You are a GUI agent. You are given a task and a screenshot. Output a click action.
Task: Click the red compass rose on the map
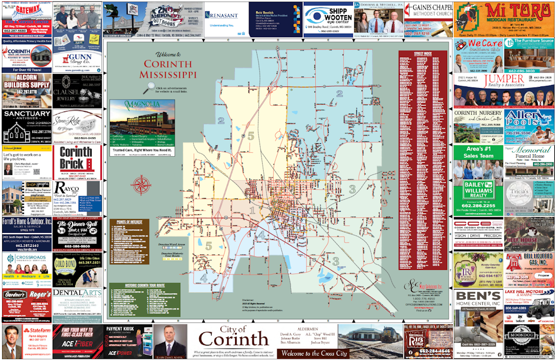[x=141, y=185]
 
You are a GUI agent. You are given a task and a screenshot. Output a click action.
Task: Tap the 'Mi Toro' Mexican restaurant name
[x=503, y=11]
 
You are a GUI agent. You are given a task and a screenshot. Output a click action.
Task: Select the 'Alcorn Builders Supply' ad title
[x=27, y=81]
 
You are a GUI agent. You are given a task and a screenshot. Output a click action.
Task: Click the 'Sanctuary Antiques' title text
[x=27, y=114]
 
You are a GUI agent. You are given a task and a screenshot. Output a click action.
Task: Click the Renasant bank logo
[x=222, y=15]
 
